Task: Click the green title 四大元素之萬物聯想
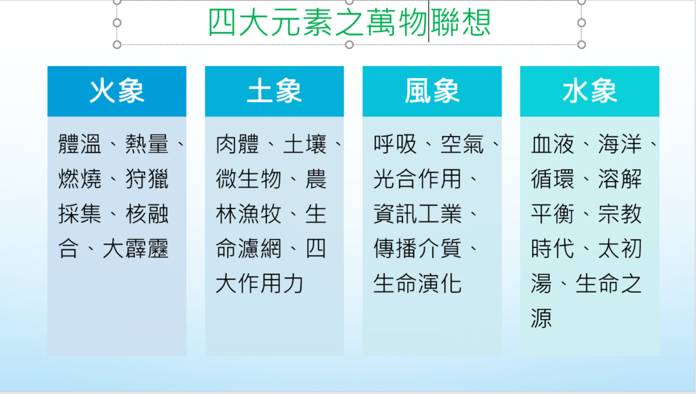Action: coord(349,22)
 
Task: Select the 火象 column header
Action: coord(117,91)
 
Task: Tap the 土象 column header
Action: coord(275,91)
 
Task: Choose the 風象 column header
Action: coord(432,91)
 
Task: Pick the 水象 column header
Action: coord(589,91)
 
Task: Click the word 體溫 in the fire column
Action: coord(80,144)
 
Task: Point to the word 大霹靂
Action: coord(135,249)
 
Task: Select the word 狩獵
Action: coord(147,179)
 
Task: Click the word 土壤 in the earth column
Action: coord(305,144)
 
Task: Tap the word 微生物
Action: coord(249,179)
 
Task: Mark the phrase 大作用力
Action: coord(260,283)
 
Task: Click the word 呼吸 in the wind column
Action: coord(395,144)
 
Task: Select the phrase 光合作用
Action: coord(417,179)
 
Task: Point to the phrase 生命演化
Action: coord(417,283)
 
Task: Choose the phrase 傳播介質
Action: coord(417,249)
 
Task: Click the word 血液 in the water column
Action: coord(553,144)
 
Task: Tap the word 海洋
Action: coord(620,144)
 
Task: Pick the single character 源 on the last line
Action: coord(542,318)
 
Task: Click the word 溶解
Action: coord(620,179)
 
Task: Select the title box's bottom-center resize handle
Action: coord(349,44)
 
